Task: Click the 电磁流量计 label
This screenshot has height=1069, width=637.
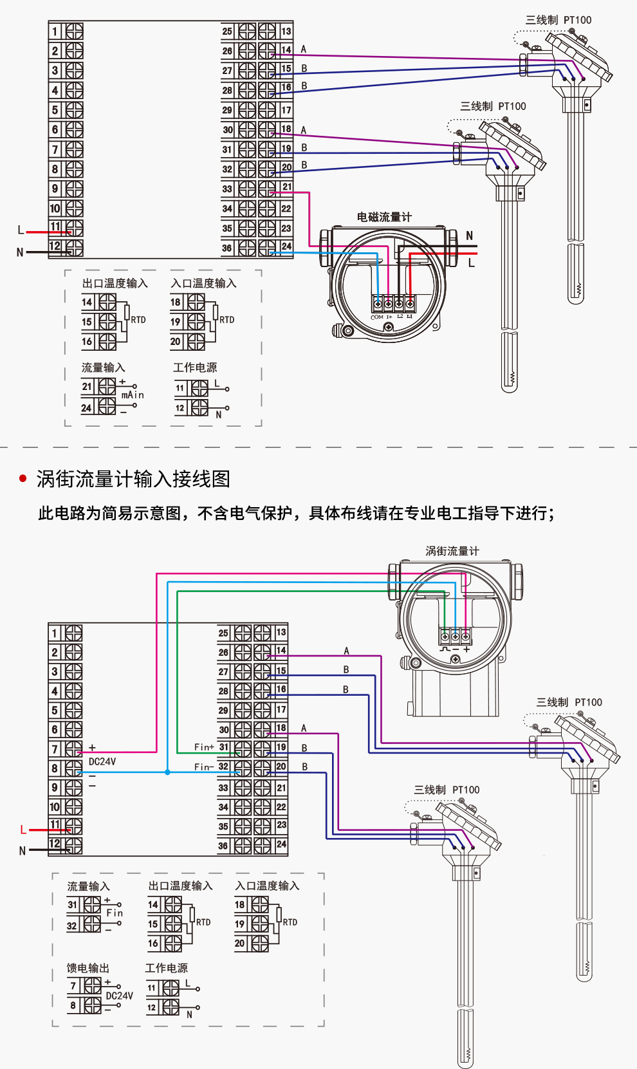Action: [384, 217]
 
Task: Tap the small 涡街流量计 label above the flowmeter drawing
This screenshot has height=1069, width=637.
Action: [452, 551]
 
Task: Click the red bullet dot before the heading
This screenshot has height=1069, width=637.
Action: [24, 478]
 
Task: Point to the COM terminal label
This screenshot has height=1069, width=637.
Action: [377, 317]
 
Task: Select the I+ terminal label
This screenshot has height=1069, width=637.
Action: [389, 317]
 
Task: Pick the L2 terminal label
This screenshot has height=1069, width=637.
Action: [400, 317]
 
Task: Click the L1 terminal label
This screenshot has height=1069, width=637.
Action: [410, 317]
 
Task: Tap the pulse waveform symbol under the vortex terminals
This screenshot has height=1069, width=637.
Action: [445, 649]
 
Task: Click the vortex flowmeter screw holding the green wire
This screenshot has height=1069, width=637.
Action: [445, 637]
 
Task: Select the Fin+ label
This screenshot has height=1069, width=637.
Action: [204, 747]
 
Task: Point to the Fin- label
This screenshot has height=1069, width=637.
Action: [203, 767]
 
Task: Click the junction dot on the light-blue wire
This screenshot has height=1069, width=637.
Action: [167, 772]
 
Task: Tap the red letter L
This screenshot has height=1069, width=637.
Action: [23, 830]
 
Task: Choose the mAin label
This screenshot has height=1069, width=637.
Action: [133, 395]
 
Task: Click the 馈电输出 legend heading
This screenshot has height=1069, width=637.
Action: [88, 968]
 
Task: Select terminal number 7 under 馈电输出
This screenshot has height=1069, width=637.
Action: [73, 985]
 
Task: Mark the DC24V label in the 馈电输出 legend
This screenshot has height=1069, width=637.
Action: [120, 996]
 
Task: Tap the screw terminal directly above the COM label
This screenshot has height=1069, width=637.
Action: [378, 303]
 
